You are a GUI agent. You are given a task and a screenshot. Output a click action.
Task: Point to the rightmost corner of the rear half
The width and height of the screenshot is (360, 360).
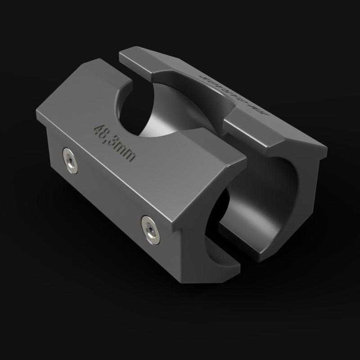pos(325,148)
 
